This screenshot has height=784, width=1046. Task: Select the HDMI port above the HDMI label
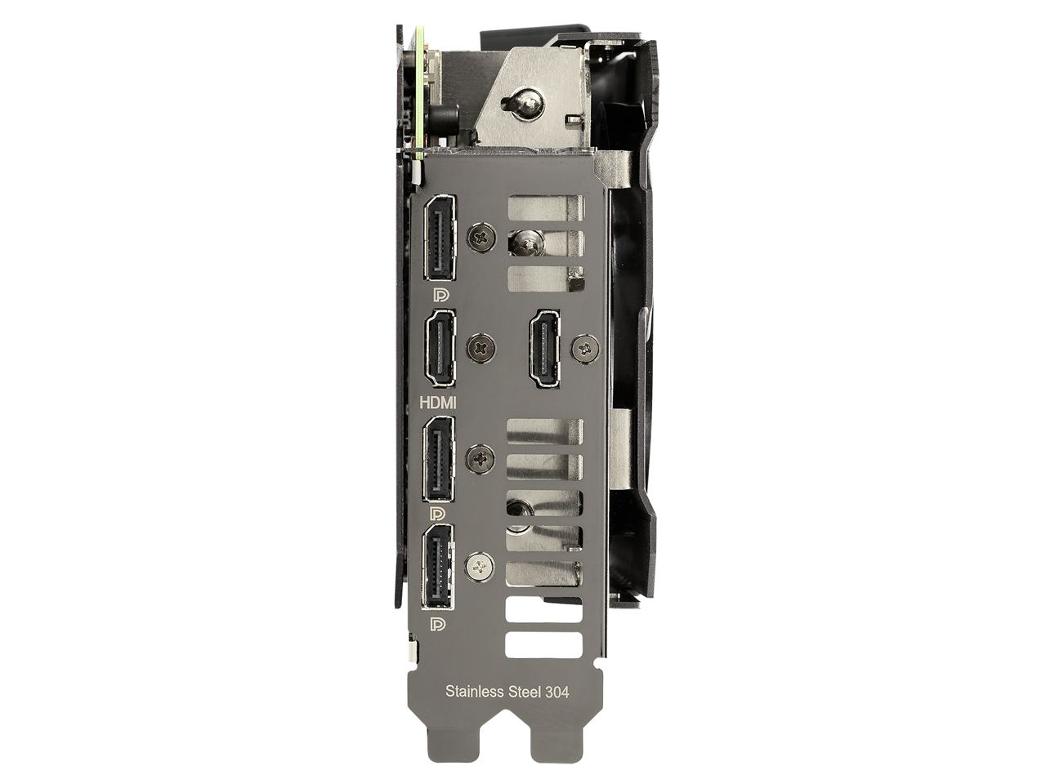pyautogui.click(x=440, y=348)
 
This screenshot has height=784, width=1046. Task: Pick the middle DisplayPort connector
pyautogui.click(x=438, y=458)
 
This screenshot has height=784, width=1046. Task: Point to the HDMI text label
pyautogui.click(x=437, y=403)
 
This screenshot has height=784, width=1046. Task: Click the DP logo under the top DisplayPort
pyautogui.click(x=440, y=295)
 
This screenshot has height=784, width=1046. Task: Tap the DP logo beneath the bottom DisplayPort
pyautogui.click(x=437, y=624)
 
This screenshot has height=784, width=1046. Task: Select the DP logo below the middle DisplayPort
pyautogui.click(x=437, y=514)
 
